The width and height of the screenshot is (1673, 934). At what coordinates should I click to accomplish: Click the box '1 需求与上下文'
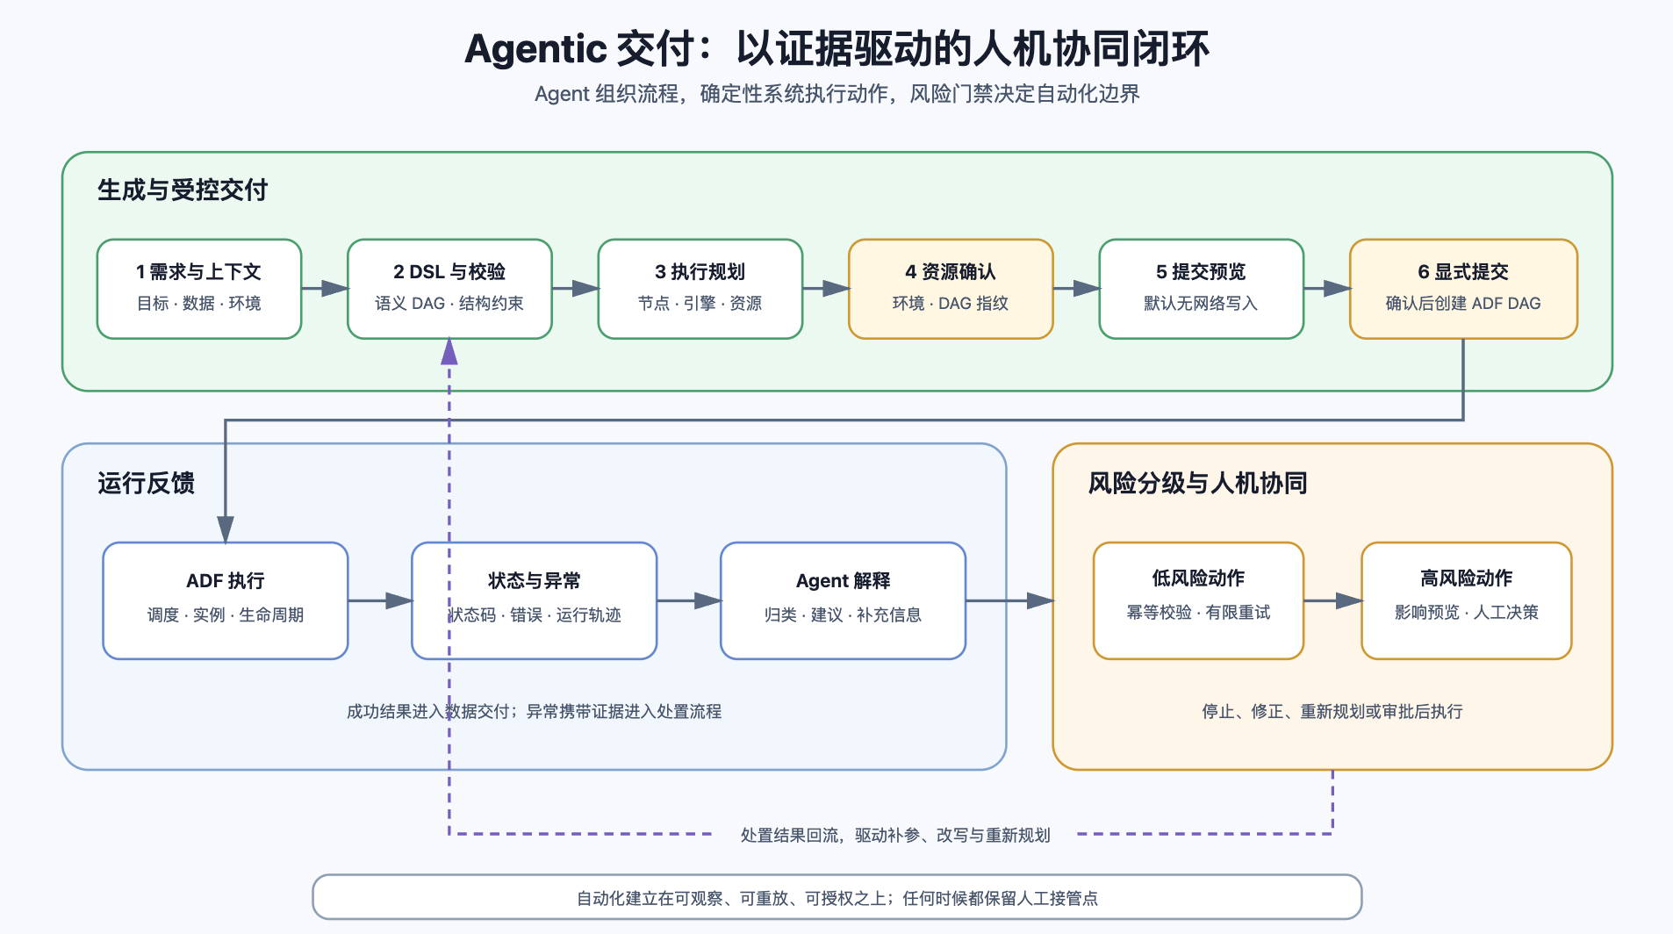199,289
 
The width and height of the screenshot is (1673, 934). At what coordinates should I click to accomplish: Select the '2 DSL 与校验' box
449,289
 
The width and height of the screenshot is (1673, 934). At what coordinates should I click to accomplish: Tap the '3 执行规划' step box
700,289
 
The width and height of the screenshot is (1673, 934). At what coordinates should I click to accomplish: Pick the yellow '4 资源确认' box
951,289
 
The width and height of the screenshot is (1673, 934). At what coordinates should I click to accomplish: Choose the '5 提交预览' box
1201,289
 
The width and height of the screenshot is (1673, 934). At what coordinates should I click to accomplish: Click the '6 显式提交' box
1463,289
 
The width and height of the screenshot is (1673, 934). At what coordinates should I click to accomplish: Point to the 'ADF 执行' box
226,600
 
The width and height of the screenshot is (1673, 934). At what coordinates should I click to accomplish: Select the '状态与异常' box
535,600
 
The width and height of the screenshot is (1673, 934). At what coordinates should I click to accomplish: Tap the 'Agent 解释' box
843,600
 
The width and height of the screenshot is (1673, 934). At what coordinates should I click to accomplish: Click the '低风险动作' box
1198,600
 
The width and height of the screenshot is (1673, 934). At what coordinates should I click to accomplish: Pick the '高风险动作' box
1466,600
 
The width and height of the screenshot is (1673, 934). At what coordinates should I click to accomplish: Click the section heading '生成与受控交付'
183,190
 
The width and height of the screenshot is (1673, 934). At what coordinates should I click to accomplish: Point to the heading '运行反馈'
146,483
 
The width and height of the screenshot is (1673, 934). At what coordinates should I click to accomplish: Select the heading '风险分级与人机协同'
1197,483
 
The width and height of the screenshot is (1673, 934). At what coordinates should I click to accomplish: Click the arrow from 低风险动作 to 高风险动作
1332,600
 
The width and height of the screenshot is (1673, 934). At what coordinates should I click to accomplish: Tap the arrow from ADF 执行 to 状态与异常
380,600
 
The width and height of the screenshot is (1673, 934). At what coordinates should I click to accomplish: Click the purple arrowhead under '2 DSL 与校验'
449,351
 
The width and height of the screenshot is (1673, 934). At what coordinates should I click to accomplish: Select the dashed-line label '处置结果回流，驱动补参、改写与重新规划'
895,835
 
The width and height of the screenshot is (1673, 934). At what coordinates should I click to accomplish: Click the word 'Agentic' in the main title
535,49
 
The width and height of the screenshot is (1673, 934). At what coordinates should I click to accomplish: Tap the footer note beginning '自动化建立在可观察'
836,898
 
